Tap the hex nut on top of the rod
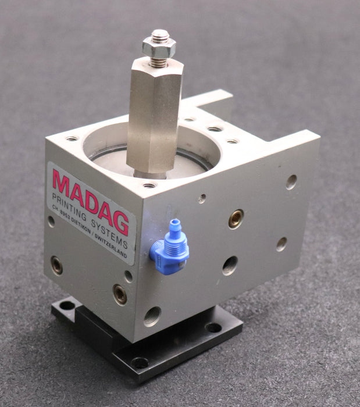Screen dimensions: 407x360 pyautogui.click(x=158, y=48)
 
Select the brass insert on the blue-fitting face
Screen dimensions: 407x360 pyautogui.click(x=236, y=219)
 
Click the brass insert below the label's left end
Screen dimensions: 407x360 pyautogui.click(x=56, y=265)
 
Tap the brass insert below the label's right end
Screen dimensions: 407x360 pyautogui.click(x=120, y=295)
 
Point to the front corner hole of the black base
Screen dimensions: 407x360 pyautogui.click(x=140, y=363)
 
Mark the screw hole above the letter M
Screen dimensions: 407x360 pyautogui.click(x=72, y=139)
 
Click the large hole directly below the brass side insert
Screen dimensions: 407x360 pyautogui.click(x=230, y=266)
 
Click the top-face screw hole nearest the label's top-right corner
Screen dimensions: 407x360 pyautogui.click(x=149, y=185)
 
